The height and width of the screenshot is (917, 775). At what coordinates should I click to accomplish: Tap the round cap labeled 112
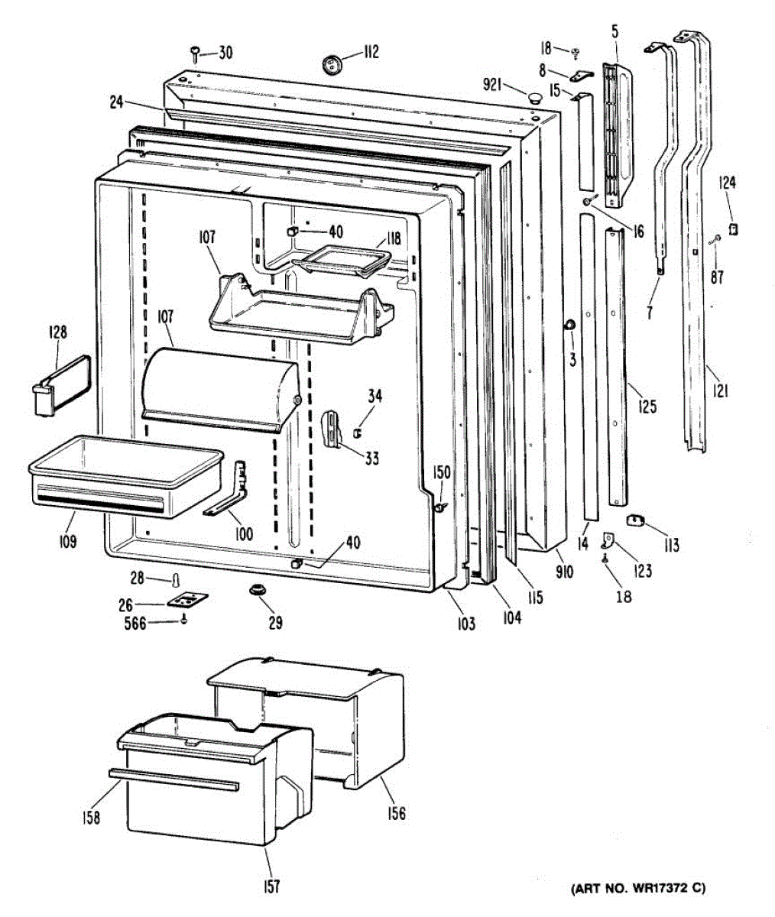(332, 63)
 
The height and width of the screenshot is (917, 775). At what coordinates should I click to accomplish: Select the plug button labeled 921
(533, 97)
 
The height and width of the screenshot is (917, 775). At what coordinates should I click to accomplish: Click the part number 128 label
(57, 332)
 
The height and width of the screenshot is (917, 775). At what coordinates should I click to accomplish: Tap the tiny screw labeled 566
(183, 621)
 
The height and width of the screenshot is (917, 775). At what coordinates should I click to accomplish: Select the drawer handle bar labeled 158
(173, 779)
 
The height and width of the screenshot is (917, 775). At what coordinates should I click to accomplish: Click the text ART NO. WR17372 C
(638, 888)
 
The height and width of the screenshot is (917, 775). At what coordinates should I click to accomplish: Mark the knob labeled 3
(570, 326)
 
